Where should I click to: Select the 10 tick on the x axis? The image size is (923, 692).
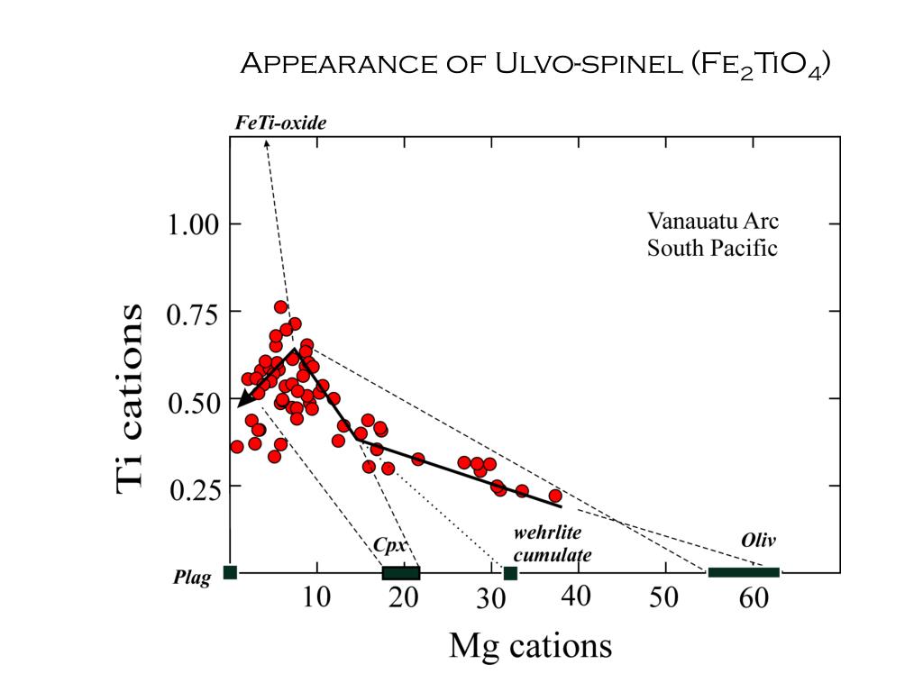tap(315, 597)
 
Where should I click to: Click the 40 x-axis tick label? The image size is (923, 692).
tap(578, 597)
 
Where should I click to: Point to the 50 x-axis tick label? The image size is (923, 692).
tap(665, 597)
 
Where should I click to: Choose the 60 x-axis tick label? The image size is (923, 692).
tap(753, 597)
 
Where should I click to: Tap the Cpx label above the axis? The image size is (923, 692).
tap(387, 545)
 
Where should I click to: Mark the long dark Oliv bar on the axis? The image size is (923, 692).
tap(744, 572)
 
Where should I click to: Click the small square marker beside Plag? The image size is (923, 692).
tap(230, 572)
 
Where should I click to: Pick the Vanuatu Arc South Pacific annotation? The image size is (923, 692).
tap(712, 234)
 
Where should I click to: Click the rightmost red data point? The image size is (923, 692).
tap(555, 496)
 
